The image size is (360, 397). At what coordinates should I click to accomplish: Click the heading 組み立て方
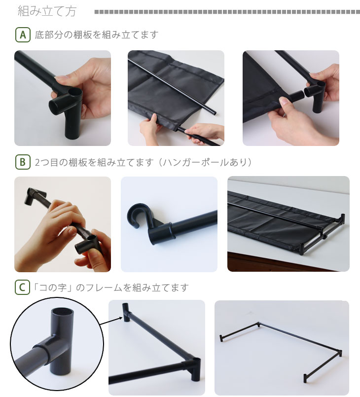coord(47,11)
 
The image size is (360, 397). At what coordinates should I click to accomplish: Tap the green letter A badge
coord(23,35)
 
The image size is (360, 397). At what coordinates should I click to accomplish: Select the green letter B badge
coord(23,162)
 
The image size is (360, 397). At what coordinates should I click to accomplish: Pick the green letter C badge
coord(22,288)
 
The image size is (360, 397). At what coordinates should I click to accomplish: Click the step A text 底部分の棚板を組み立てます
coord(97,35)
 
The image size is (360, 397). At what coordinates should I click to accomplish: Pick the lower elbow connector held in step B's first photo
coord(89,245)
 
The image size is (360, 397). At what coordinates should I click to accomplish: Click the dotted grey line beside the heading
coord(227,12)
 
